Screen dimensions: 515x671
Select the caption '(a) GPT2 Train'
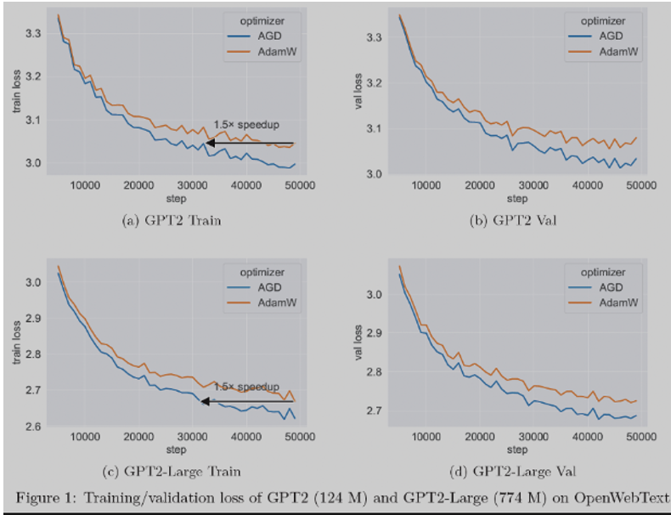click(x=165, y=221)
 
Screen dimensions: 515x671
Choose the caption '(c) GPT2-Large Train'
click(x=165, y=472)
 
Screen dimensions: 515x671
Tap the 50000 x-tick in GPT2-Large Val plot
click(x=639, y=436)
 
